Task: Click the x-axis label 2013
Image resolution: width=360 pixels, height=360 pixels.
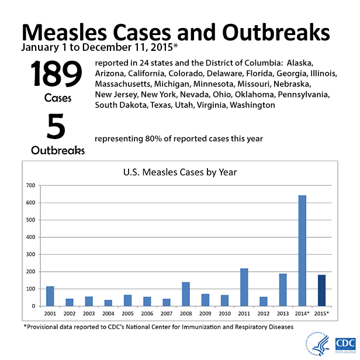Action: click(x=283, y=314)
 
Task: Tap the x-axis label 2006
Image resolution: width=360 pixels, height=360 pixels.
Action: click(x=147, y=314)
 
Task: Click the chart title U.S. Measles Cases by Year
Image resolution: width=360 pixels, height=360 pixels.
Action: click(x=179, y=172)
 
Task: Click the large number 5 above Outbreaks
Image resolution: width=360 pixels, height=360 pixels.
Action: click(x=57, y=127)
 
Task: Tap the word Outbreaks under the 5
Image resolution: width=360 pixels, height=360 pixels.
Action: click(x=57, y=150)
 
